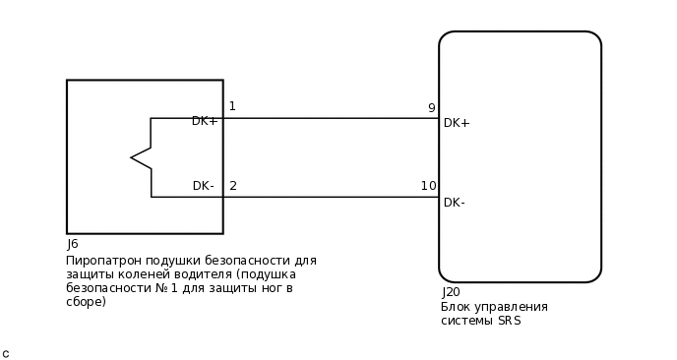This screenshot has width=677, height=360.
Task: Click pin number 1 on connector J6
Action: click(232, 106)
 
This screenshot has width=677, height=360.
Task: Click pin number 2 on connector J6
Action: click(233, 185)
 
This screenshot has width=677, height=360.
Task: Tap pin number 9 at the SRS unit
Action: click(431, 108)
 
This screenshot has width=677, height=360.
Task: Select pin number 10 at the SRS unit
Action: click(428, 186)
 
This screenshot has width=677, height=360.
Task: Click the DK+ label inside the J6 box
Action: click(205, 121)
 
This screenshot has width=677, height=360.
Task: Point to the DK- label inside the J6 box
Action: click(204, 185)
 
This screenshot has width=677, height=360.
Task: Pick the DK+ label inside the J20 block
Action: click(457, 123)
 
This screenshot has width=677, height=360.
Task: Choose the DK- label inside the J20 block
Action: click(455, 203)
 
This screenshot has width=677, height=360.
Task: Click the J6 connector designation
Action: click(73, 244)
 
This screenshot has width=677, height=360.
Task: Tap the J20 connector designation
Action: click(451, 292)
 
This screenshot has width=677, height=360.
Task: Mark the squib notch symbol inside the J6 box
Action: click(142, 157)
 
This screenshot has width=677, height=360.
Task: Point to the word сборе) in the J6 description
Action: click(87, 302)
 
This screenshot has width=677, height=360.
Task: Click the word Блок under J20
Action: click(456, 307)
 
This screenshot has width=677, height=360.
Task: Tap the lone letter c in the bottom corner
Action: click(6, 353)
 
